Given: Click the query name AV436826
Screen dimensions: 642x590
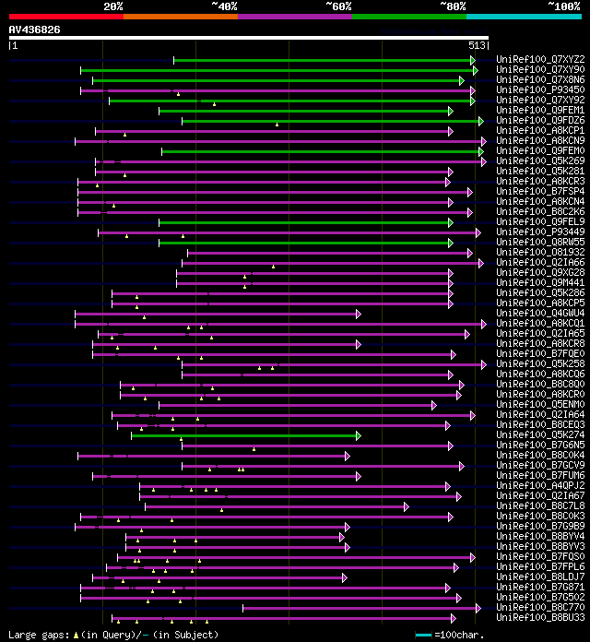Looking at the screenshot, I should [x=35, y=30].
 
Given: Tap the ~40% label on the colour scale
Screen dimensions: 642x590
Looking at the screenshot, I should [x=224, y=6].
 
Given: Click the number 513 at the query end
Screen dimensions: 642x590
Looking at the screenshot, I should [x=477, y=45].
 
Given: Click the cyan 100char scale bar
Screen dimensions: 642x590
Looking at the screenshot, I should [x=423, y=635].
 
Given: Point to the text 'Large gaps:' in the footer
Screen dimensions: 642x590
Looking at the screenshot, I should [x=33, y=635].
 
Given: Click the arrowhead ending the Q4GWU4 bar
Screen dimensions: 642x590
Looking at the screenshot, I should [x=359, y=314].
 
